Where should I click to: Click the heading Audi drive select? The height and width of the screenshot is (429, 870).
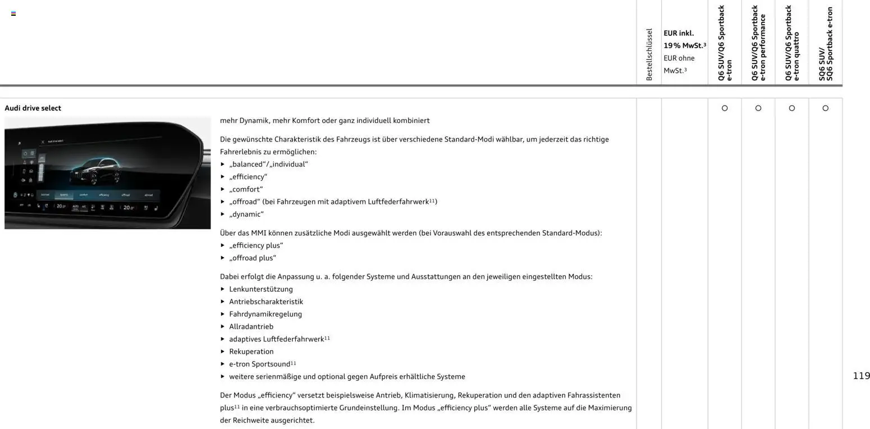pyautogui.click(x=33, y=108)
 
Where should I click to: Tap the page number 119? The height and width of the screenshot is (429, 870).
pyautogui.click(x=861, y=376)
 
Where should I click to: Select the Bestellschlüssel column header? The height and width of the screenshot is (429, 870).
pyautogui.click(x=649, y=54)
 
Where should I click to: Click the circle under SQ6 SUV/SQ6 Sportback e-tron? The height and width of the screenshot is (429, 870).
pyautogui.click(x=825, y=108)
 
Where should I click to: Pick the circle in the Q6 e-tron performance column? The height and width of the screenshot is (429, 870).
pyautogui.click(x=758, y=108)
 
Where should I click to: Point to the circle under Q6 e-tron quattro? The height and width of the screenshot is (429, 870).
pyautogui.click(x=792, y=108)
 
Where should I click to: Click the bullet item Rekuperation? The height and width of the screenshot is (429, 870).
pyautogui.click(x=251, y=352)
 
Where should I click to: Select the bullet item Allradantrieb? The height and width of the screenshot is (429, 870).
pyautogui.click(x=251, y=326)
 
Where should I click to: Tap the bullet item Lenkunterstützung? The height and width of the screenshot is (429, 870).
pyautogui.click(x=260, y=289)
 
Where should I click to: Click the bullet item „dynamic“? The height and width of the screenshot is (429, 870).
pyautogui.click(x=246, y=214)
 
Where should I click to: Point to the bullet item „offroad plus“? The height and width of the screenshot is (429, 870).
pyautogui.click(x=253, y=258)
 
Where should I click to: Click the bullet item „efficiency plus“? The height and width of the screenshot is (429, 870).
pyautogui.click(x=256, y=245)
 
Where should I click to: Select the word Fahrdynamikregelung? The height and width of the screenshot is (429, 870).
pyautogui.click(x=265, y=314)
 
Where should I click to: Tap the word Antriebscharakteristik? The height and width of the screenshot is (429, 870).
pyautogui.click(x=265, y=302)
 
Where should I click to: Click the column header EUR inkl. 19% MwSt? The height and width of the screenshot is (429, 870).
pyautogui.click(x=684, y=39)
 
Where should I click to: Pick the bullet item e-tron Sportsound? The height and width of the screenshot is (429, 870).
pyautogui.click(x=259, y=364)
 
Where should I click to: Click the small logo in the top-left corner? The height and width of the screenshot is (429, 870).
pyautogui.click(x=13, y=13)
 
